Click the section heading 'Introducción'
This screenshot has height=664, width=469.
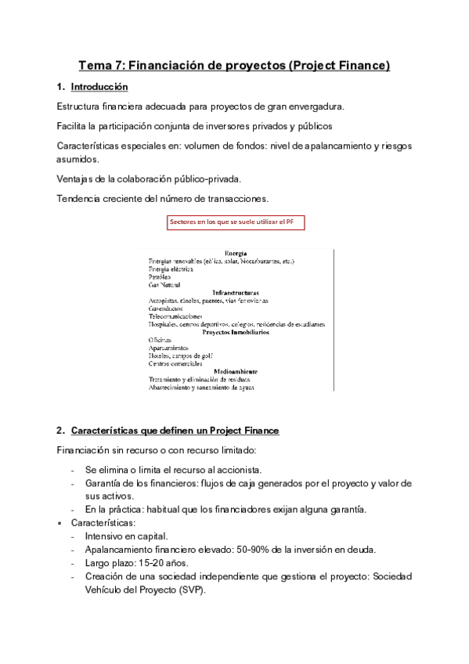click(99, 86)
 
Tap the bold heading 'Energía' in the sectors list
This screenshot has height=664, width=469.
click(236, 254)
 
